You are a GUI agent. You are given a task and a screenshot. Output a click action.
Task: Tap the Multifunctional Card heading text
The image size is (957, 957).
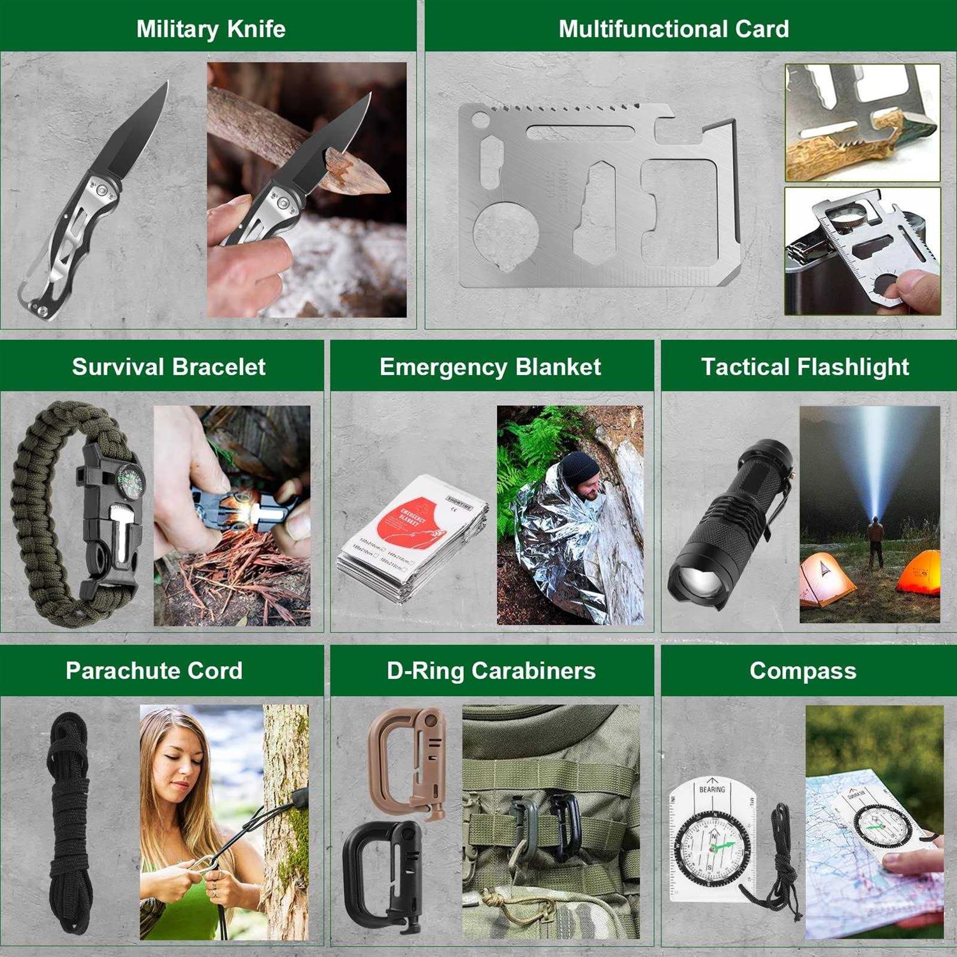[x=674, y=29]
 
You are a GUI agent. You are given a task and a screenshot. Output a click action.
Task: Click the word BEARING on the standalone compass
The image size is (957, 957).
[x=711, y=789]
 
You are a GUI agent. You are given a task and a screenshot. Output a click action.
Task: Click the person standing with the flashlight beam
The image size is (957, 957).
[x=875, y=542]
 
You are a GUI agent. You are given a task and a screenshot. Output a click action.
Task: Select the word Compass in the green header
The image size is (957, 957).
[x=803, y=671]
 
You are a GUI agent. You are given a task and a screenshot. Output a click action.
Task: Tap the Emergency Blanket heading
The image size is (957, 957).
[x=490, y=367]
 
